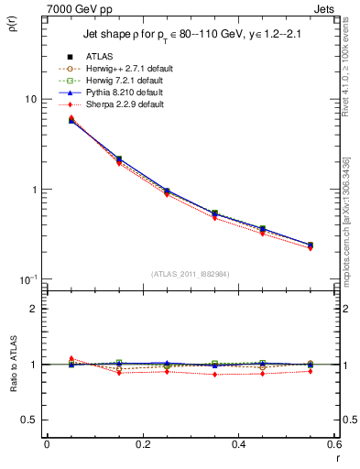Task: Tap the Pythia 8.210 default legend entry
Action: [123, 93]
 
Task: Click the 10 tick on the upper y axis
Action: [31, 99]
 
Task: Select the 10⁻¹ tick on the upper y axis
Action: [29, 278]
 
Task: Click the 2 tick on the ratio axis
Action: [35, 309]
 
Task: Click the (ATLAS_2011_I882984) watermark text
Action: [190, 274]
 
